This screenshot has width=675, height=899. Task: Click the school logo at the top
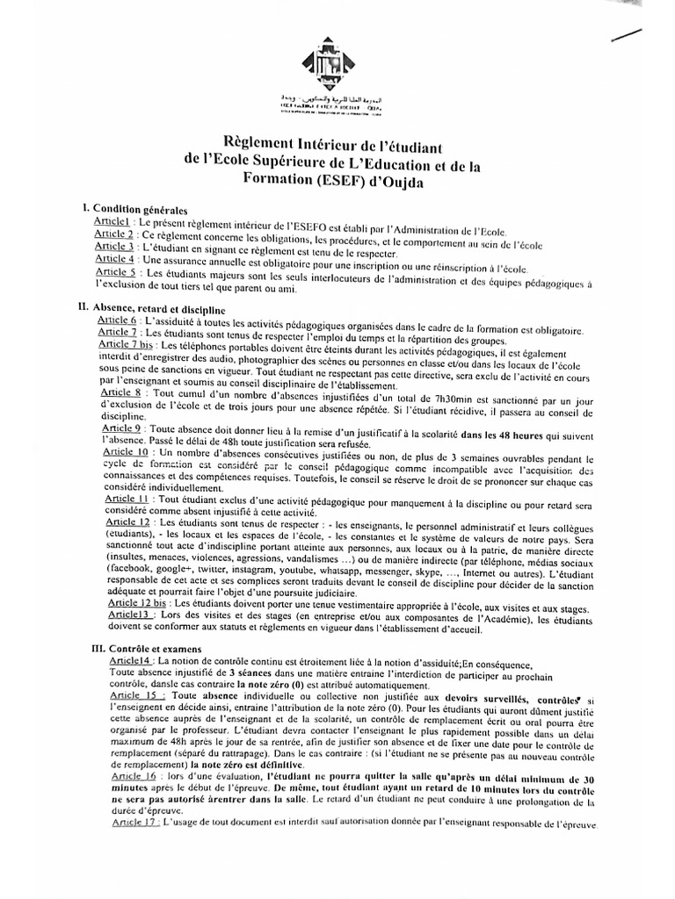point(330,63)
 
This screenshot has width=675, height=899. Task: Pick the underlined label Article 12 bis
point(138,605)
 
